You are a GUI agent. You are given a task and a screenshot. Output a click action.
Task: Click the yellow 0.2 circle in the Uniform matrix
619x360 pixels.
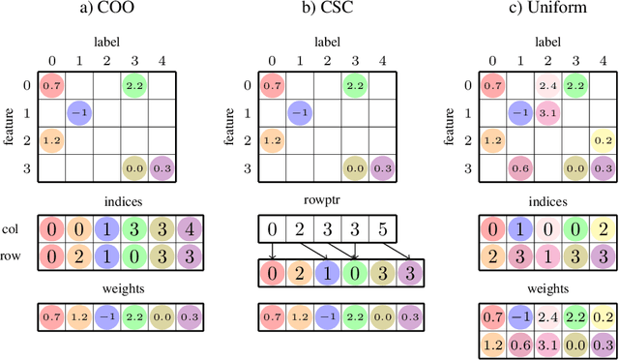pyautogui.click(x=603, y=140)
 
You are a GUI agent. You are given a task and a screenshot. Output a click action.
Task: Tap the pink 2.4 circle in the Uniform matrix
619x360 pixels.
pyautogui.click(x=548, y=86)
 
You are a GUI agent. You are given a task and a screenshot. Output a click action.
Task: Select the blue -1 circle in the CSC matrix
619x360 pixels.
pyautogui.click(x=301, y=113)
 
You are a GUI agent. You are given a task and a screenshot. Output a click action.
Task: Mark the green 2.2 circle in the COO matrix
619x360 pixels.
pyautogui.click(x=133, y=86)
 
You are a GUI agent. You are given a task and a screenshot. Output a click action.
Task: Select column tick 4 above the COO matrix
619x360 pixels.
pyautogui.click(x=162, y=60)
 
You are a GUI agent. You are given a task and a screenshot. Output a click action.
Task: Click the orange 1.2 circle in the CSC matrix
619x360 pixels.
pyautogui.click(x=274, y=140)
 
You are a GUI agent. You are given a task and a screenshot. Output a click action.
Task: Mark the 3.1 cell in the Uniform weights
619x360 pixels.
pyautogui.click(x=548, y=343)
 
